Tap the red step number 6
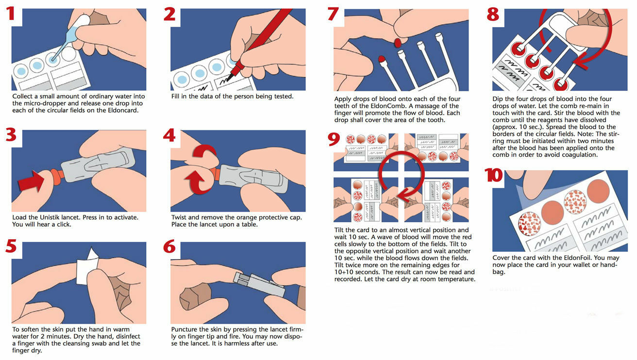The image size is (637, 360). [169, 247]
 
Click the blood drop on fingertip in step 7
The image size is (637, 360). [398, 43]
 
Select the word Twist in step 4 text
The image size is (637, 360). [180, 217]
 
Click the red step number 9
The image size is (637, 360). [334, 140]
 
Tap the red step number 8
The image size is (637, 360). [493, 15]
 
